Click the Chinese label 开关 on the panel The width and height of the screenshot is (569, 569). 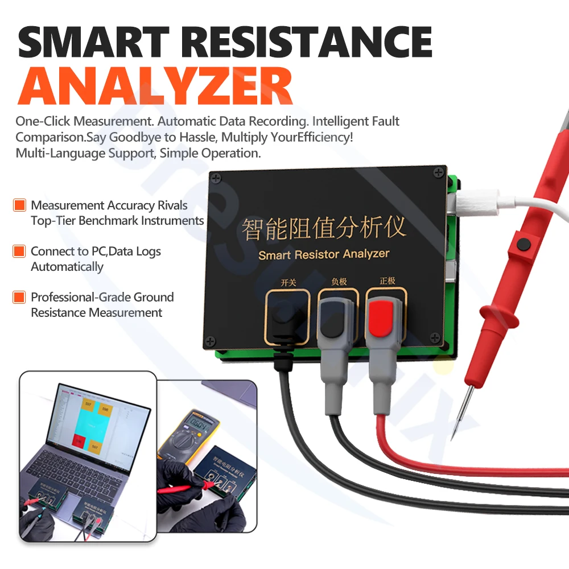point(288,282)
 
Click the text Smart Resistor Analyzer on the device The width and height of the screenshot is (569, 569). point(324,254)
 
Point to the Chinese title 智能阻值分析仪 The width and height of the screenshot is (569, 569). point(324,228)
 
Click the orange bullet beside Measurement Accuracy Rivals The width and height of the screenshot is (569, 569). point(20,205)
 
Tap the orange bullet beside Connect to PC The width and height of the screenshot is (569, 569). point(20,251)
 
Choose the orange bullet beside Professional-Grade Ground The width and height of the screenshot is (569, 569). point(20,297)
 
